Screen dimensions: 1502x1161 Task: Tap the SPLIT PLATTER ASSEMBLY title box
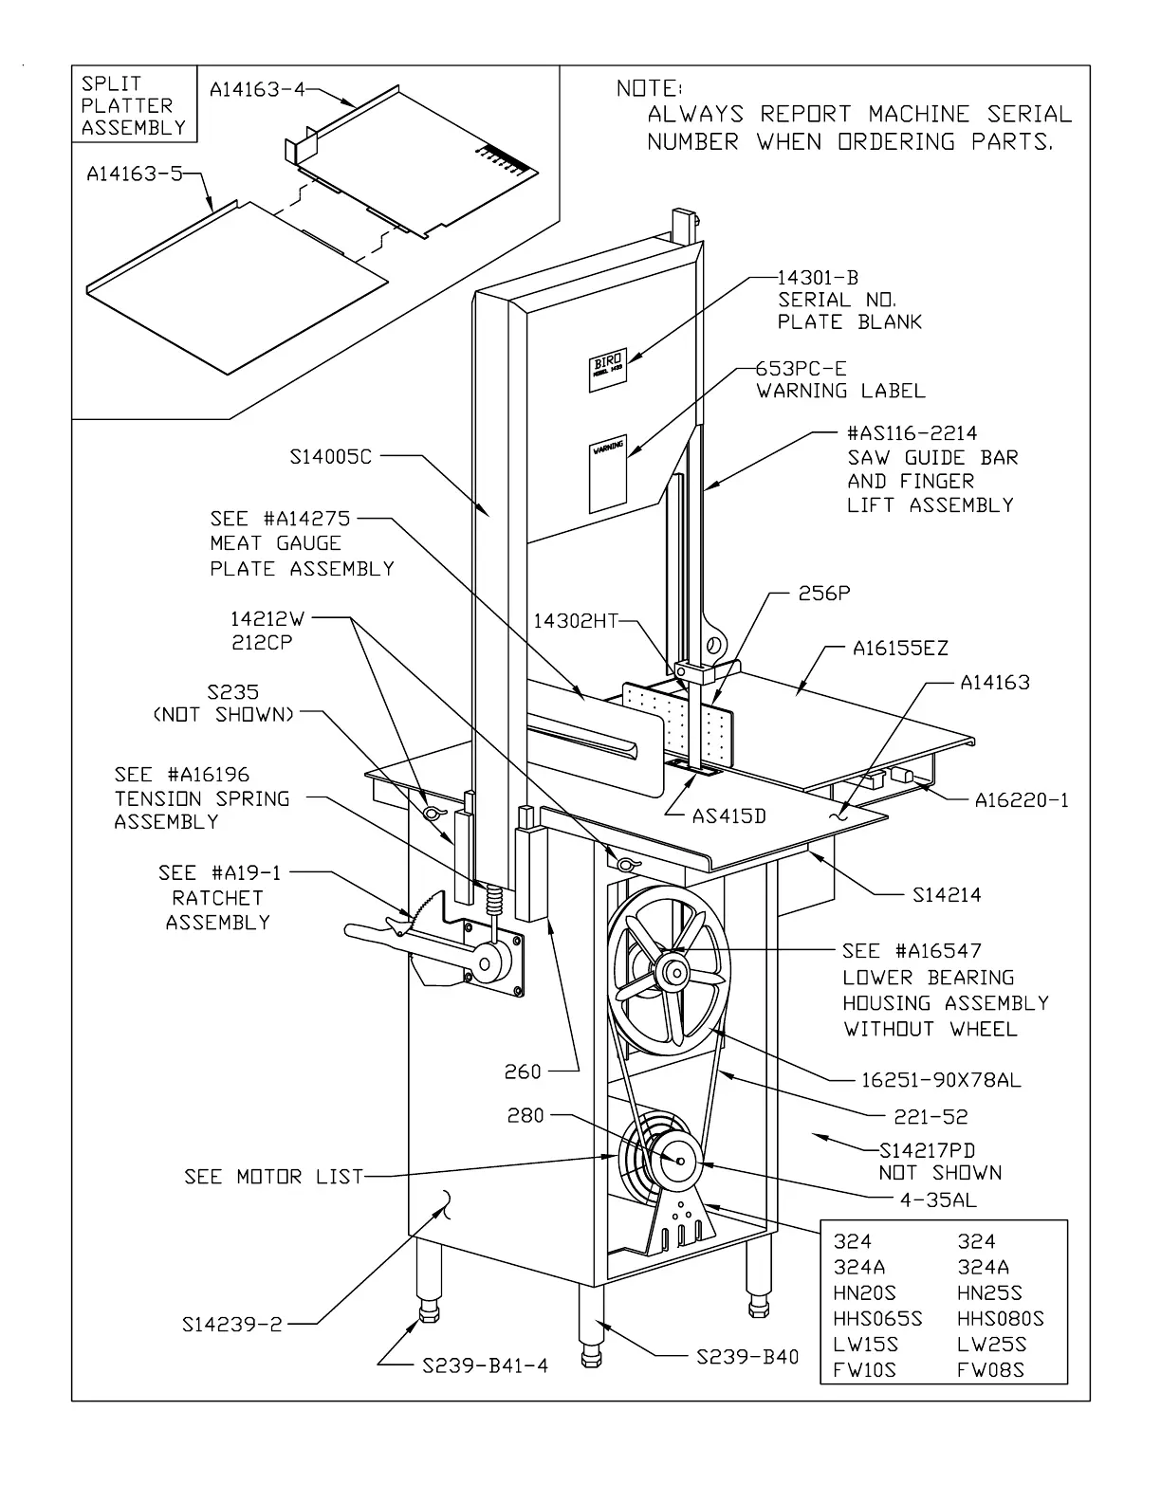pyautogui.click(x=134, y=105)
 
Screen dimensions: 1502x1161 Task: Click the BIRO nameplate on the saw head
pyautogui.click(x=605, y=366)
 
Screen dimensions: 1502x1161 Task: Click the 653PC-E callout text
pyautogui.click(x=802, y=368)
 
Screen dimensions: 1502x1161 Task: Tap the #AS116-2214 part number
pyautogui.click(x=912, y=433)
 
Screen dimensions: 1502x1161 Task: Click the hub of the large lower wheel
pyautogui.click(x=675, y=972)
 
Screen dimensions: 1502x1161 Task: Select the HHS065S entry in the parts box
pyautogui.click(x=877, y=1318)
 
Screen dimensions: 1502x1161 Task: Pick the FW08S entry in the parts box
pyautogui.click(x=990, y=1369)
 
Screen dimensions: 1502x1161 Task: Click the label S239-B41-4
pyautogui.click(x=485, y=1365)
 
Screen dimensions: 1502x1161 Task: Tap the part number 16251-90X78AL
pyautogui.click(x=941, y=1079)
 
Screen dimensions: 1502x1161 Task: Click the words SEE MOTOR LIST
pyautogui.click(x=274, y=1177)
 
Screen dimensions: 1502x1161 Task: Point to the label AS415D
pyautogui.click(x=728, y=815)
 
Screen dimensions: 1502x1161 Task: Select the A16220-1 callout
pyautogui.click(x=1022, y=800)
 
